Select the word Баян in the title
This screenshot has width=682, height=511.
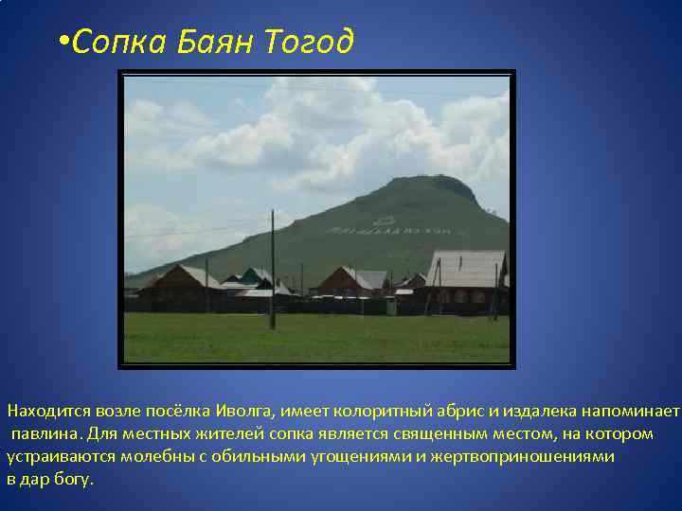(x=215, y=42)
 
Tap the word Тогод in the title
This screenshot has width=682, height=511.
(x=309, y=42)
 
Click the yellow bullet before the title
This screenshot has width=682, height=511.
(x=63, y=42)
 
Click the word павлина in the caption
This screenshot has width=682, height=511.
(x=45, y=433)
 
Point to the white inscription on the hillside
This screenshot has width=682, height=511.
(x=388, y=227)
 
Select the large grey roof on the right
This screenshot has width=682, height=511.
(x=465, y=268)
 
